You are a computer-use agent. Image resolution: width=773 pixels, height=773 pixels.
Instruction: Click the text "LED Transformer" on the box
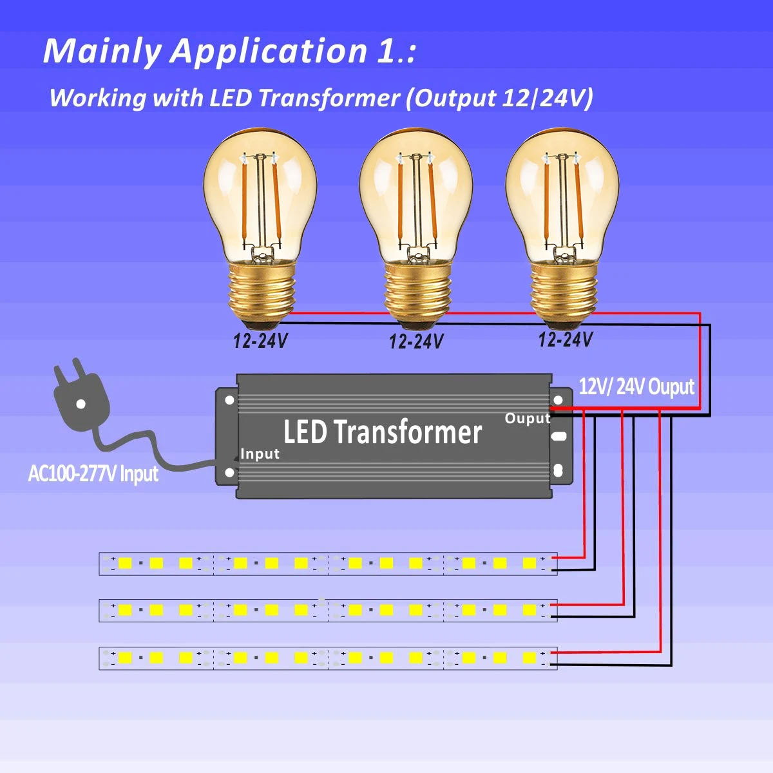click(382, 432)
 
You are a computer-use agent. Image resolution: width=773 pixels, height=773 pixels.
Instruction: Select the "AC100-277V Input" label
click(93, 473)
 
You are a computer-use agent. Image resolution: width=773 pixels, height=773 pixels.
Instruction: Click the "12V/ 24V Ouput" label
click(636, 386)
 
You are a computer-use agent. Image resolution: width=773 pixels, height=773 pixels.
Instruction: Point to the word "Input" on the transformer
click(260, 453)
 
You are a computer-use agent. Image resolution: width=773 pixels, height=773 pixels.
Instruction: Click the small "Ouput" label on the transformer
click(528, 419)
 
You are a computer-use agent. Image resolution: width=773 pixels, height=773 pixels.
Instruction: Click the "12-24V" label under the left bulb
click(260, 341)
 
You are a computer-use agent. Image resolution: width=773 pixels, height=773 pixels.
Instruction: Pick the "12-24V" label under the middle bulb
click(416, 342)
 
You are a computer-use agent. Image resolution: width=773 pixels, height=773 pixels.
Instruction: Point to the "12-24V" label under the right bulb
click(565, 339)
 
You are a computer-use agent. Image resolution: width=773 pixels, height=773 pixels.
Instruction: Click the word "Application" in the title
click(269, 52)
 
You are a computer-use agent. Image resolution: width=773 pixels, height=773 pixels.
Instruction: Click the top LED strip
click(328, 564)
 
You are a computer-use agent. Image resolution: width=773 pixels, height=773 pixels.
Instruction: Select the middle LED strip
click(328, 611)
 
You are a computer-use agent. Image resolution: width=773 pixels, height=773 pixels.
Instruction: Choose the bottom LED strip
click(328, 658)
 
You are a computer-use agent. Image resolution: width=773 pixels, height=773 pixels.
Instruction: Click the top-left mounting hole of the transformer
click(229, 400)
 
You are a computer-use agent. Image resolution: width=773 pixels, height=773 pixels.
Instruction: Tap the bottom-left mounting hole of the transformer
click(229, 473)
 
